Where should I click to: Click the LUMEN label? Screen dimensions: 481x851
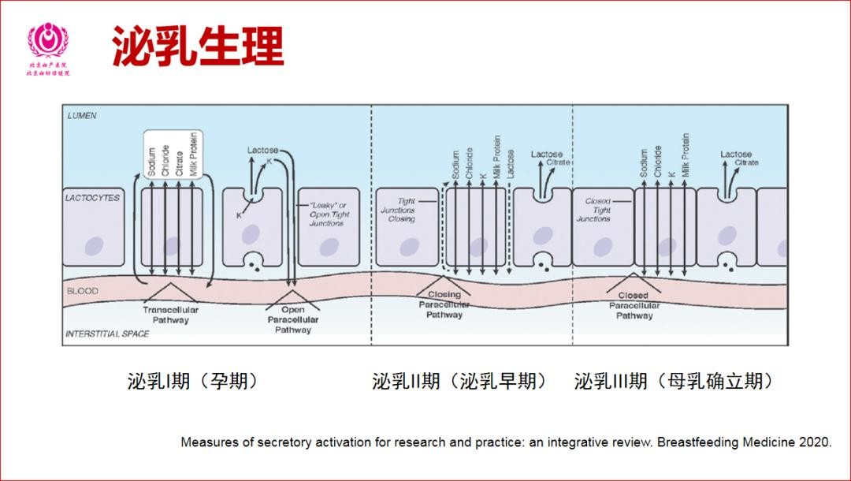click(x=82, y=115)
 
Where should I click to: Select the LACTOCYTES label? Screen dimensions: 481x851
click(x=92, y=198)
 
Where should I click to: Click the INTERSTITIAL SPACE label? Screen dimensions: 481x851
click(x=106, y=334)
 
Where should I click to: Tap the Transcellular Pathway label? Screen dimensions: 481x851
click(x=170, y=315)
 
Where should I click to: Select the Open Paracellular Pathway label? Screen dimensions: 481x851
click(x=293, y=320)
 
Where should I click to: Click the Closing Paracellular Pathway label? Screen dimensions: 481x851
click(x=444, y=305)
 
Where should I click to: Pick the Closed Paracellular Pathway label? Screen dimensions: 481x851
click(x=634, y=306)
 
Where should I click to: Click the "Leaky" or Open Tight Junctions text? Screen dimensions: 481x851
click(x=326, y=214)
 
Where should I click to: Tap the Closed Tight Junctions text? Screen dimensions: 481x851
click(x=597, y=210)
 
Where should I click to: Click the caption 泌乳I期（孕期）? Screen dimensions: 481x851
click(x=193, y=382)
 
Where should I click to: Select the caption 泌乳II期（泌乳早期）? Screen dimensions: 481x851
click(x=460, y=382)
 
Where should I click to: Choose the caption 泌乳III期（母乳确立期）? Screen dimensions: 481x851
click(x=674, y=382)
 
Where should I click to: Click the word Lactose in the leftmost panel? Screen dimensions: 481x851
click(x=262, y=150)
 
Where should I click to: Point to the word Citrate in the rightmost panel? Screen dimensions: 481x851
click(x=746, y=162)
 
